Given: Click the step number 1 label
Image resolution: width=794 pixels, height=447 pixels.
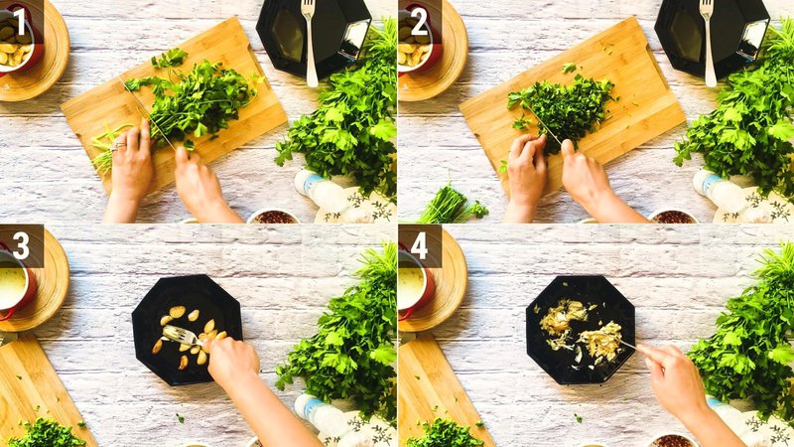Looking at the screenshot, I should click(20, 21).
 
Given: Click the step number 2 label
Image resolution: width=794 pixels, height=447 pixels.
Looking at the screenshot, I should click(418, 21).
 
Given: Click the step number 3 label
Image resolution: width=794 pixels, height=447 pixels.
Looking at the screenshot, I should click(20, 244).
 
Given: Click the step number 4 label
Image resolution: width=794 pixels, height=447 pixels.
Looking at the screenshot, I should click(418, 244).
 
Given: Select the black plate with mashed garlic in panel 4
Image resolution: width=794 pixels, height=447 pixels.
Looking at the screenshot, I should click(580, 328).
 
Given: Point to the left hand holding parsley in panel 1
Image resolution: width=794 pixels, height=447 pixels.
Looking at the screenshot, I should click(131, 164).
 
